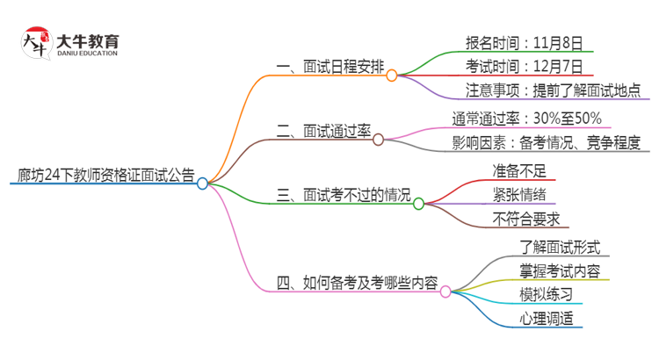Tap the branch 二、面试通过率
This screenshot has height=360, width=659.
click(323, 131)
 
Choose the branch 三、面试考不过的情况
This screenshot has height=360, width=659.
click(344, 195)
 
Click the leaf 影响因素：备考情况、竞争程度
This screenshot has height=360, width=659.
click(546, 143)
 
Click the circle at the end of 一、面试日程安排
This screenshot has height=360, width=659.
click(392, 76)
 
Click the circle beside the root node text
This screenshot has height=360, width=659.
click(203, 184)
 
